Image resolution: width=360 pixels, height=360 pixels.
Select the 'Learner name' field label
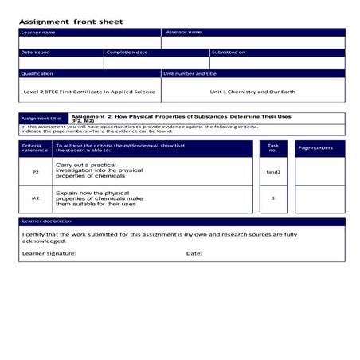pyautogui.click(x=38, y=32)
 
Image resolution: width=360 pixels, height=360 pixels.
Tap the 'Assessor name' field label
pyautogui.click(x=183, y=32)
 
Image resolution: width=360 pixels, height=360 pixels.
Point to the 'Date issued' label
pyautogui.click(x=35, y=53)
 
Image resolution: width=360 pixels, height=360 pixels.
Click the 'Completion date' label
pyautogui.click(x=127, y=53)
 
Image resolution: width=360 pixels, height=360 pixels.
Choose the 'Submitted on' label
pyautogui.click(x=229, y=53)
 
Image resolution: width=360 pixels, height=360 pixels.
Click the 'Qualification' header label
pyautogui.click(x=37, y=73)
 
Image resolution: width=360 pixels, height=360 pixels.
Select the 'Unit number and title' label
pyautogui.click(x=190, y=73)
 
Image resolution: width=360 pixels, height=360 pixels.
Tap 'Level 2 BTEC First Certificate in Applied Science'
pyautogui.click(x=89, y=92)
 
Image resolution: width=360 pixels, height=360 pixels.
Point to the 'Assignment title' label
pyautogui.click(x=37, y=118)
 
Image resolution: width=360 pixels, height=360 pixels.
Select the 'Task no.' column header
pyautogui.click(x=273, y=148)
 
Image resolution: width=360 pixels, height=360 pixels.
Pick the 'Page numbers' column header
pyautogui.click(x=315, y=148)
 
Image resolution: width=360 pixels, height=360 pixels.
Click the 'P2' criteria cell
pyautogui.click(x=35, y=172)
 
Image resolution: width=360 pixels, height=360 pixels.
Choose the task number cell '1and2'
pyautogui.click(x=273, y=172)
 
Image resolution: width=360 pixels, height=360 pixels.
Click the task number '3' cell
pyautogui.click(x=273, y=198)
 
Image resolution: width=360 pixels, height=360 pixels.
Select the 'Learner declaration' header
pyautogui.click(x=45, y=221)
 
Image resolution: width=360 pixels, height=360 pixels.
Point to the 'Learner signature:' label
pyautogui.click(x=48, y=253)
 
